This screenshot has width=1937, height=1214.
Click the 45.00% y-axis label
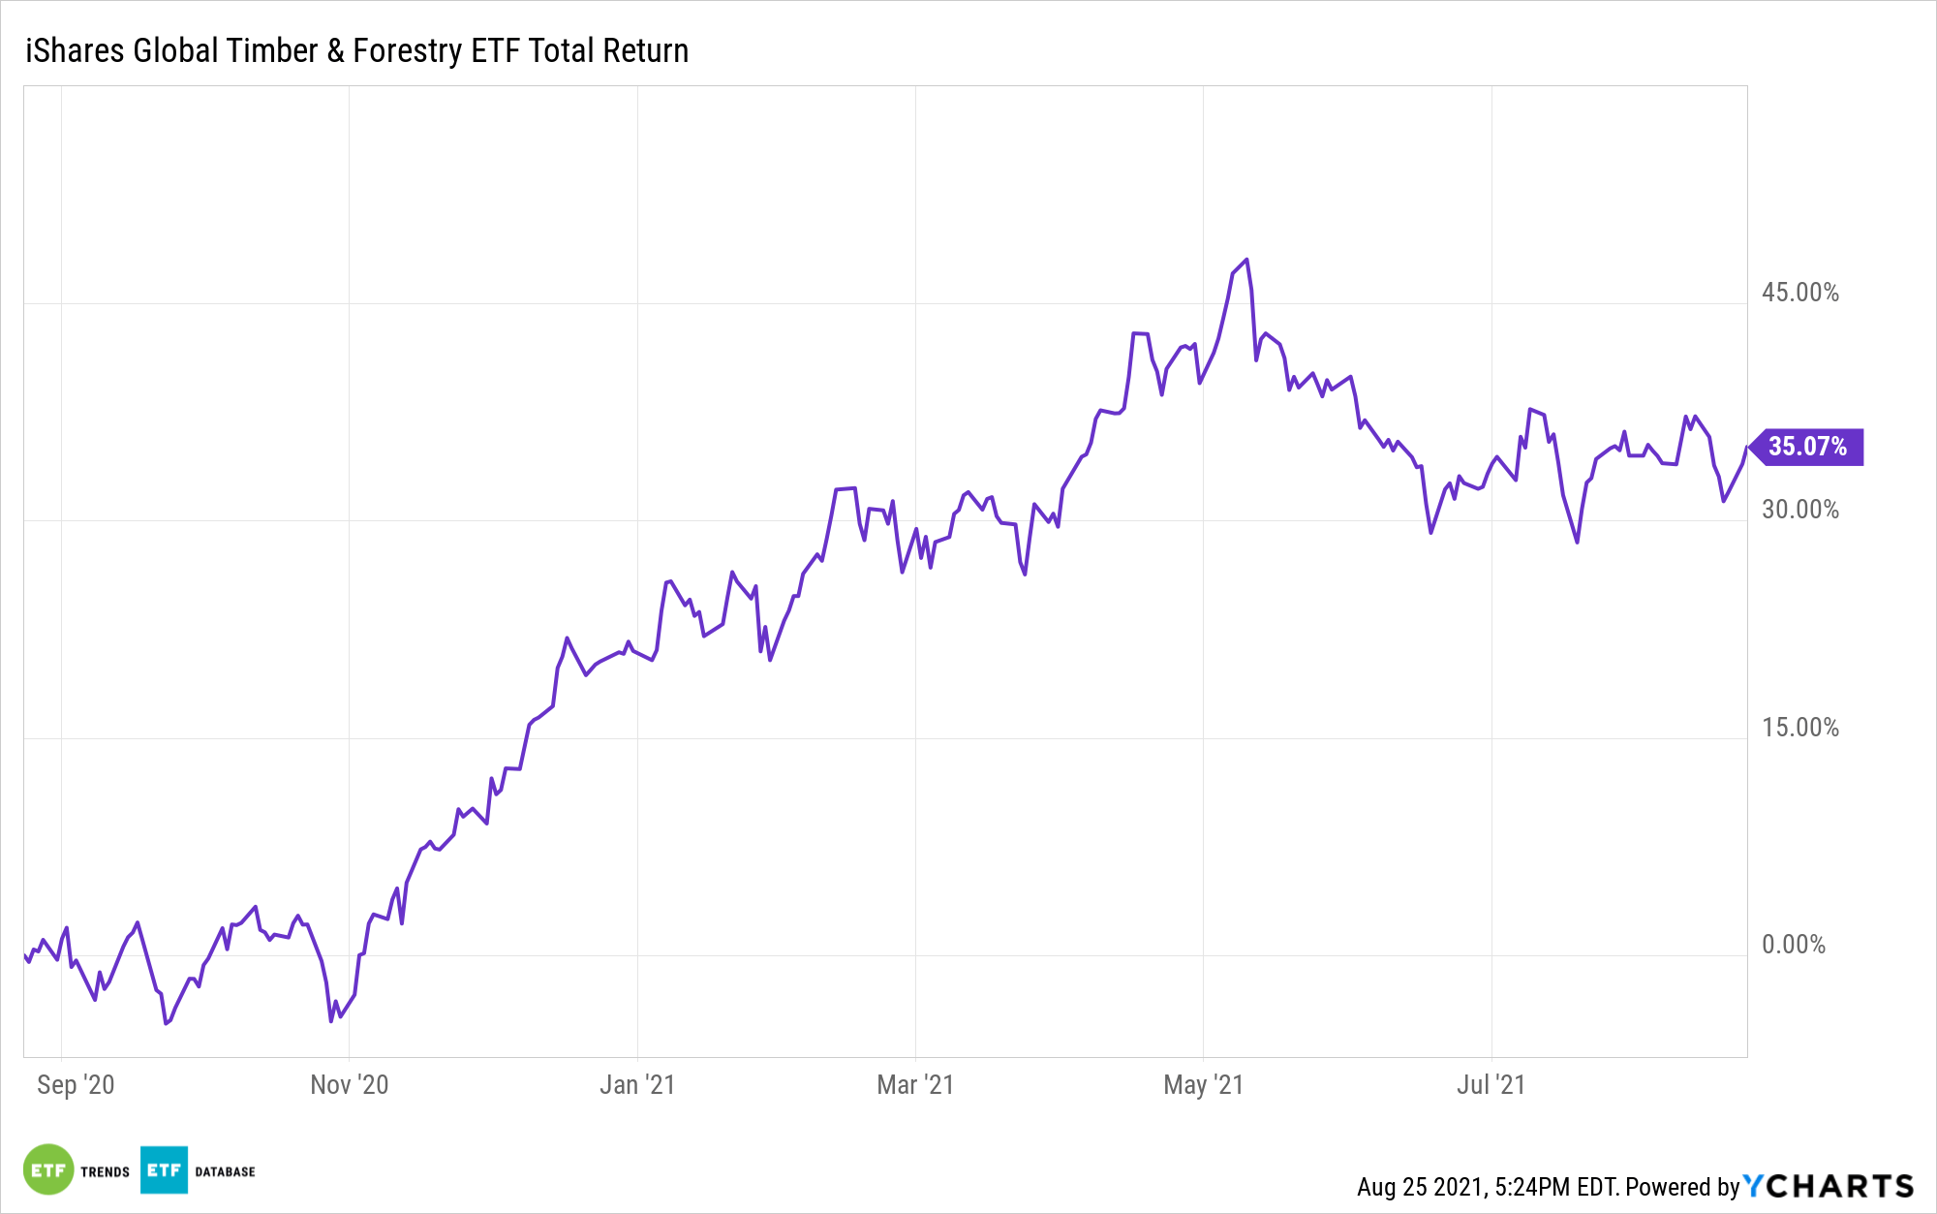tap(1799, 293)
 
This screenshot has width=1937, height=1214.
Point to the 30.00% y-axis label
tap(1799, 510)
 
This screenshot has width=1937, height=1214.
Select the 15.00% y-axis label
tap(1799, 728)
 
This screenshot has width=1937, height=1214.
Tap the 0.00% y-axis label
tap(1793, 945)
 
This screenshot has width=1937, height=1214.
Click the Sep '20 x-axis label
tap(76, 1084)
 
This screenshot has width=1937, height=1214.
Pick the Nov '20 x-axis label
tap(349, 1084)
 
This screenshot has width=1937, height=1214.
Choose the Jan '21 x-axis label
tap(636, 1084)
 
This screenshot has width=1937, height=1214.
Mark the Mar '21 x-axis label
tap(915, 1084)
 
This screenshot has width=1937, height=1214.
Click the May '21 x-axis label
tap(1203, 1084)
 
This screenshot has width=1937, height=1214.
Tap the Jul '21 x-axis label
tap(1491, 1084)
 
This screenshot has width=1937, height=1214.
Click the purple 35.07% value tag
tap(1807, 447)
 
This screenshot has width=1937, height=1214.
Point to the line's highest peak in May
tap(1246, 260)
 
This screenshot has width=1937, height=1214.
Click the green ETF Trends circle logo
tap(48, 1170)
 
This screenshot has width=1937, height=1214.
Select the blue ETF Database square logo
tap(164, 1170)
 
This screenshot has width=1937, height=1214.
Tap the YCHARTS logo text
tap(1829, 1187)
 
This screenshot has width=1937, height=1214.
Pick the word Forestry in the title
tap(407, 50)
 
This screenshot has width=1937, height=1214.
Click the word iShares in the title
tap(75, 50)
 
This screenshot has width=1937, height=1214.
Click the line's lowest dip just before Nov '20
tap(331, 1020)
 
